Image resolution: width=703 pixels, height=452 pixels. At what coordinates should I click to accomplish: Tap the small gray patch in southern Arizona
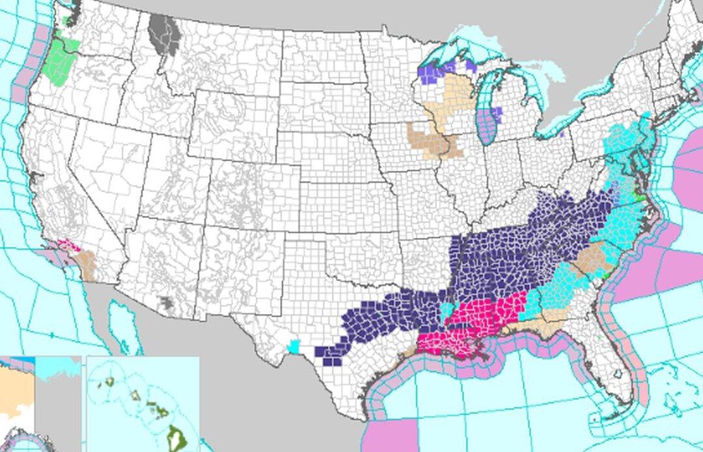coord(168,302)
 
